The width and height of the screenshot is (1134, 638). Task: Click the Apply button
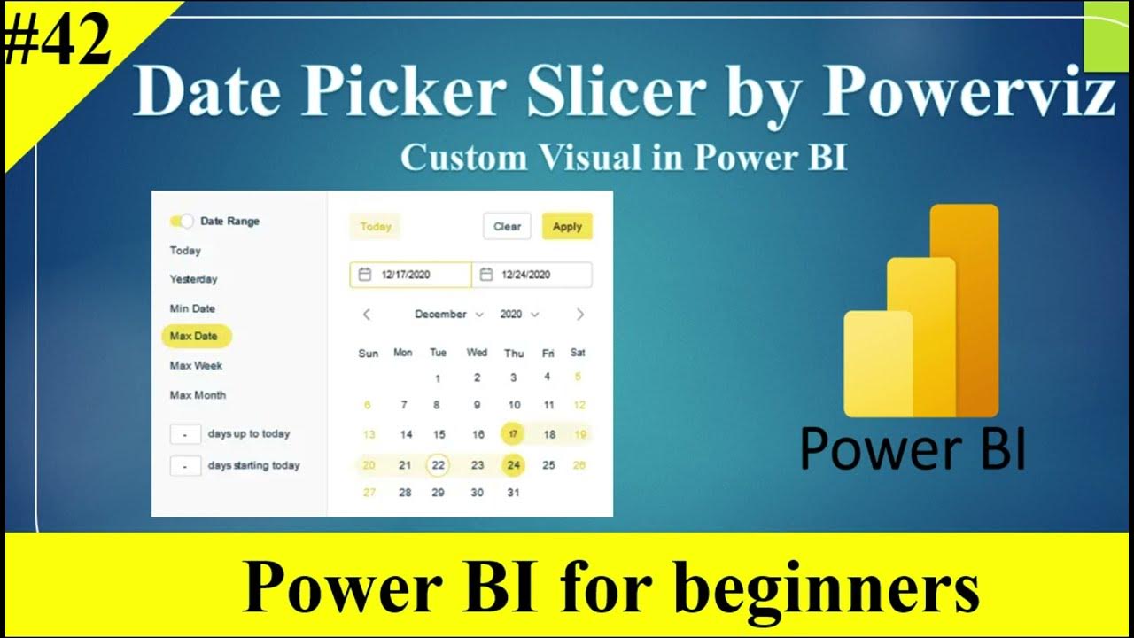tap(567, 226)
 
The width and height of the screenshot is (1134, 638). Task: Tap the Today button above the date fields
tap(376, 226)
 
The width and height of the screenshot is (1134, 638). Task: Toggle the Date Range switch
tap(182, 221)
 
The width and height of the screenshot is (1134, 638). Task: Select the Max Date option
tap(195, 336)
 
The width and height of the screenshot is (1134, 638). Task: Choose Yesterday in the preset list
tap(193, 279)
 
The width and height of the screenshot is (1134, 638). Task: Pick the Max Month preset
tap(198, 395)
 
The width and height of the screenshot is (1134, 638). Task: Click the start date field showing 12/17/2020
tap(410, 275)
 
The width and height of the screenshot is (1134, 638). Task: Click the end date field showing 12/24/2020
tap(532, 275)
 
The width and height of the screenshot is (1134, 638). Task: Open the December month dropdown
tap(448, 315)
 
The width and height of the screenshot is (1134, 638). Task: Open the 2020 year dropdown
tap(519, 315)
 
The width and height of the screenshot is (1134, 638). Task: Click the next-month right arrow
tap(580, 315)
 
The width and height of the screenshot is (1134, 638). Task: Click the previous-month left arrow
tap(367, 315)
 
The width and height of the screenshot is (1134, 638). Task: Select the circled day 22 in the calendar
tap(438, 465)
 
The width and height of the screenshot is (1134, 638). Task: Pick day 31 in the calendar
tap(513, 493)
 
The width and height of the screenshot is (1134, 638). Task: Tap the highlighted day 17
tap(513, 434)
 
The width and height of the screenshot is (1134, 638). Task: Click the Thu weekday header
tap(514, 353)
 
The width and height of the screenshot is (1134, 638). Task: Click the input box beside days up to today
tap(185, 434)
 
